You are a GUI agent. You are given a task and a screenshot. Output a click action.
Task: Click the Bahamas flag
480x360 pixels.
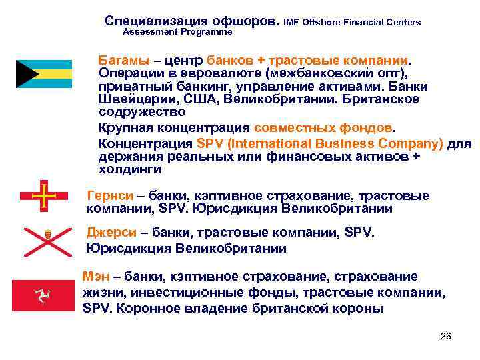pyautogui.click(x=43, y=74)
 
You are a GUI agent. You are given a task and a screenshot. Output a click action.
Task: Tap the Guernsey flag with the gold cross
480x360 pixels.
pyautogui.click(x=43, y=196)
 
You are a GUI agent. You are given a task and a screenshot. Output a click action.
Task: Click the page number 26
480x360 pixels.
pyautogui.click(x=446, y=335)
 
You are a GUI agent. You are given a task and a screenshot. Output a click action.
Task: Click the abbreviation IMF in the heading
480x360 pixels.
pyautogui.click(x=291, y=23)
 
